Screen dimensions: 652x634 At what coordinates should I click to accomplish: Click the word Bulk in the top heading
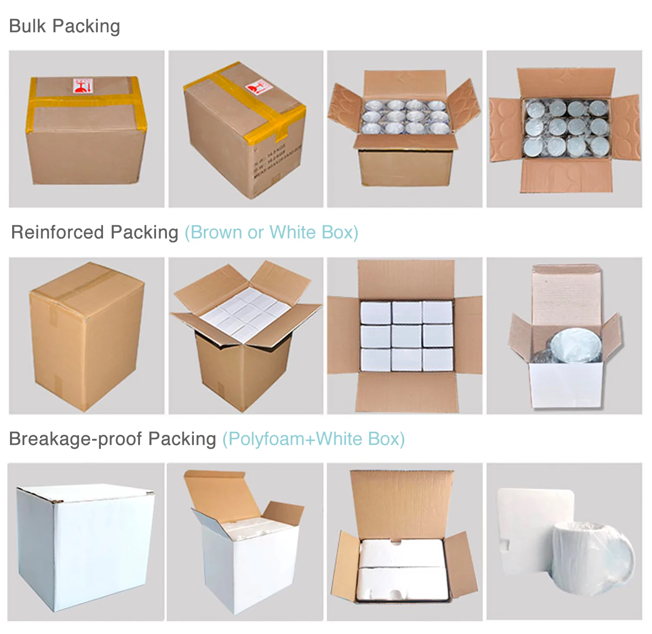pyautogui.click(x=27, y=26)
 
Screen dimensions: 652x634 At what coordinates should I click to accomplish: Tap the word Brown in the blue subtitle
pyautogui.click(x=216, y=232)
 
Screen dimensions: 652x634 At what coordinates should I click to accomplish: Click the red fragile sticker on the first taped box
pyautogui.click(x=83, y=86)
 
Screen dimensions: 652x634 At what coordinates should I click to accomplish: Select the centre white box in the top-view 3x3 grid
pyautogui.click(x=406, y=336)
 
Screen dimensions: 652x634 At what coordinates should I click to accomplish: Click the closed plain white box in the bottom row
pyautogui.click(x=85, y=548)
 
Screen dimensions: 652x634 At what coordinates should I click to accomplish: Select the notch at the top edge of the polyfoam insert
pyautogui.click(x=395, y=542)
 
